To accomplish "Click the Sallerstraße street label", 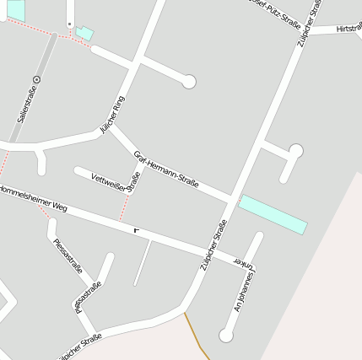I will (x=25, y=110).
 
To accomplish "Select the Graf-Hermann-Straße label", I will (x=166, y=169).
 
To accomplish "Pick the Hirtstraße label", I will (x=348, y=28).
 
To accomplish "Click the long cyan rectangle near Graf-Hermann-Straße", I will (x=273, y=214).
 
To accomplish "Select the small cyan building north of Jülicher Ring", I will (x=84, y=33).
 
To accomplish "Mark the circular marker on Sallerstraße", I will (x=36, y=80).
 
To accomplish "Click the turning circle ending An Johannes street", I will (x=225, y=335).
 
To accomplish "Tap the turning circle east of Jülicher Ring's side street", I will (x=189, y=81).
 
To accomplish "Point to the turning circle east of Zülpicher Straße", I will (x=295, y=151).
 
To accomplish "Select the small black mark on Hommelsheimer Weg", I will (x=136, y=229).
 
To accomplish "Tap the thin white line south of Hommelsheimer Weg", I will (x=142, y=261).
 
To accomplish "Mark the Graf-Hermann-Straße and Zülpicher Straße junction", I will (x=232, y=200).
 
